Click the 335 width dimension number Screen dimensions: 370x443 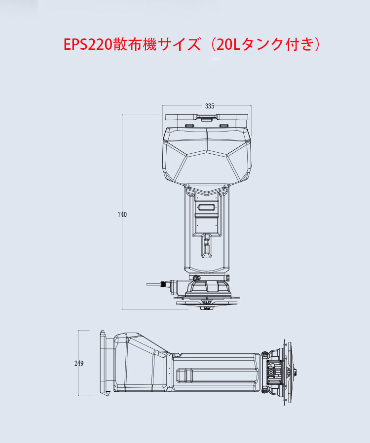(x=210, y=106)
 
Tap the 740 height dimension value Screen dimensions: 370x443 (x=122, y=214)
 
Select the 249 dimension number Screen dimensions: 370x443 (x=79, y=363)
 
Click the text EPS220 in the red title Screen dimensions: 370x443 (x=88, y=45)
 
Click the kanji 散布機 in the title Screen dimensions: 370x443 (x=135, y=45)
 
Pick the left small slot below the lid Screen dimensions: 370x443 (x=189, y=126)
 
